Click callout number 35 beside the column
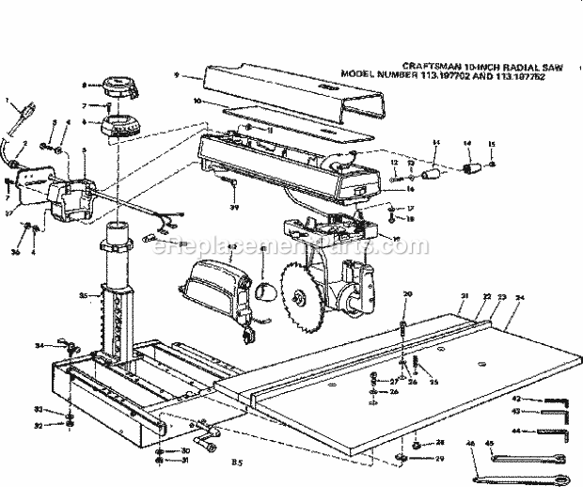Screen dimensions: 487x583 point(82,296)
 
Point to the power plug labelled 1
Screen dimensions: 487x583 point(16,119)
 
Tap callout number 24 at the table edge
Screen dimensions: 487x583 point(520,297)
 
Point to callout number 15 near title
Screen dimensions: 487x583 point(490,143)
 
